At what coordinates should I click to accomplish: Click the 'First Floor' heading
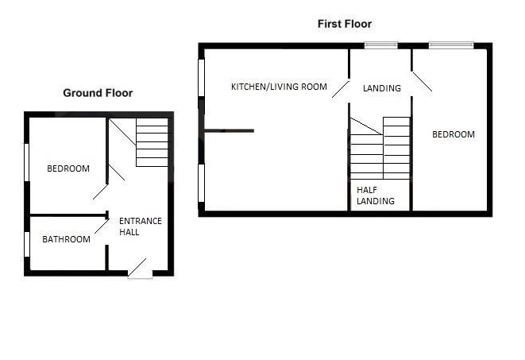click(x=345, y=25)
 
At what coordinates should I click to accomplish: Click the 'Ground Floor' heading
click(x=98, y=93)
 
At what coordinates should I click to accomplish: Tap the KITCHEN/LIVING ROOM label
click(x=279, y=87)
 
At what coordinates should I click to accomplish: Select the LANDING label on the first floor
click(x=381, y=88)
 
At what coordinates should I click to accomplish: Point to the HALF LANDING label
click(x=375, y=195)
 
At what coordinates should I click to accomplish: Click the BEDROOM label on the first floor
click(x=453, y=134)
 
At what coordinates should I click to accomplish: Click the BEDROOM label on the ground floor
click(x=68, y=168)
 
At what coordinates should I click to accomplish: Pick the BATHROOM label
click(x=66, y=238)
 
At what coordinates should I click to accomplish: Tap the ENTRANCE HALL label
click(x=140, y=226)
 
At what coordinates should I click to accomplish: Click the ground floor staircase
click(x=152, y=142)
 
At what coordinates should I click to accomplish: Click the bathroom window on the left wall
click(x=27, y=244)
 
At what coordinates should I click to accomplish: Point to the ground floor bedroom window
click(x=27, y=161)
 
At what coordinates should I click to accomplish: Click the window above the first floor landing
click(x=381, y=45)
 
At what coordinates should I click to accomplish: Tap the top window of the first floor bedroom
click(x=451, y=45)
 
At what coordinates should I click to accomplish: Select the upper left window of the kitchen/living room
click(x=202, y=78)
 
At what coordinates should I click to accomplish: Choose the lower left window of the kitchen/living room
click(x=202, y=182)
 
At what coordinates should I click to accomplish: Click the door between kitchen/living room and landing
click(x=342, y=88)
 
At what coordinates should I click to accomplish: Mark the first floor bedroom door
click(x=421, y=82)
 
